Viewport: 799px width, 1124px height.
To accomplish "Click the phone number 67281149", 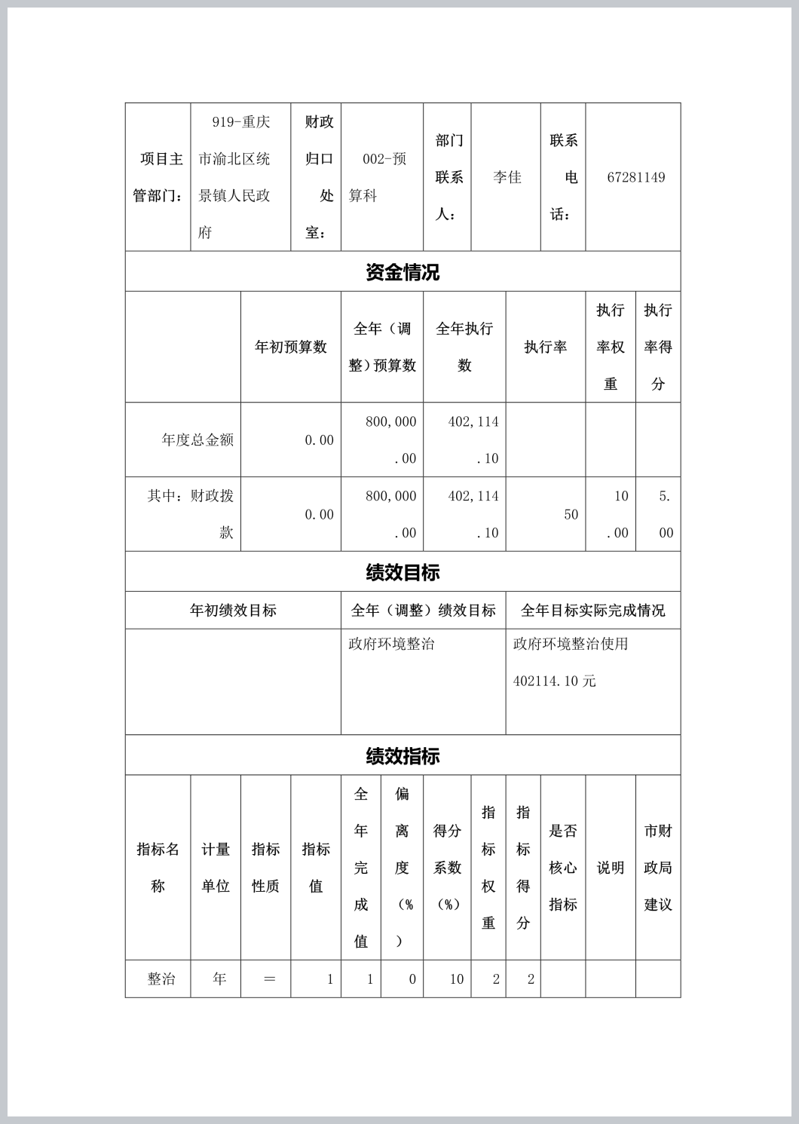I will (x=635, y=177).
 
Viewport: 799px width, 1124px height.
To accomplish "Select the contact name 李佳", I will (x=507, y=177).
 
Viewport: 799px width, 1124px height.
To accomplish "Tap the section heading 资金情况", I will (x=403, y=272).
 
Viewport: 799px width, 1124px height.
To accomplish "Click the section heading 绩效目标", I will (x=403, y=572).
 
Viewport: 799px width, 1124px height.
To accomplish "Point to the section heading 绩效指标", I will (x=403, y=756).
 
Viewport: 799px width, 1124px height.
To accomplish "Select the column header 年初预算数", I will (x=291, y=347).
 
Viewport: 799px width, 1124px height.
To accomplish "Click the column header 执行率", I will (x=546, y=347).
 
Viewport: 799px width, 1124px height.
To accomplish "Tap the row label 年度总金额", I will (x=197, y=439).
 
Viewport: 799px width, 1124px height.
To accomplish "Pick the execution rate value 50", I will (x=571, y=514).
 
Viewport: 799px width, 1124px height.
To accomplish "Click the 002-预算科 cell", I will (x=384, y=177).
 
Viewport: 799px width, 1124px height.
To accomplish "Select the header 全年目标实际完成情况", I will (x=592, y=611).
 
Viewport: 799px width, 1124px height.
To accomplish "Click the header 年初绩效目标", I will (x=233, y=611).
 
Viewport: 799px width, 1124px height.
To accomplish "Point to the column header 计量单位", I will (x=216, y=868).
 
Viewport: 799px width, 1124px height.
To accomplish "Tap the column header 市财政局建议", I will (x=657, y=868).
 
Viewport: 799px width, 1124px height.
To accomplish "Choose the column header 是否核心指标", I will (x=562, y=868).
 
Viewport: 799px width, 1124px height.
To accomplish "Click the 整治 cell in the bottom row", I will (x=161, y=979).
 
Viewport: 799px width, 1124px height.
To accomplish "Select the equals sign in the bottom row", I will (x=269, y=979).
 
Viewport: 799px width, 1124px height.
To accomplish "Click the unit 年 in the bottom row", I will (x=219, y=979).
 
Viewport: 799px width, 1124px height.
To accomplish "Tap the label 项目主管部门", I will (x=158, y=177).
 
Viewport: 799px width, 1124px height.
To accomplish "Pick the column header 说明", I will (x=611, y=868).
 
